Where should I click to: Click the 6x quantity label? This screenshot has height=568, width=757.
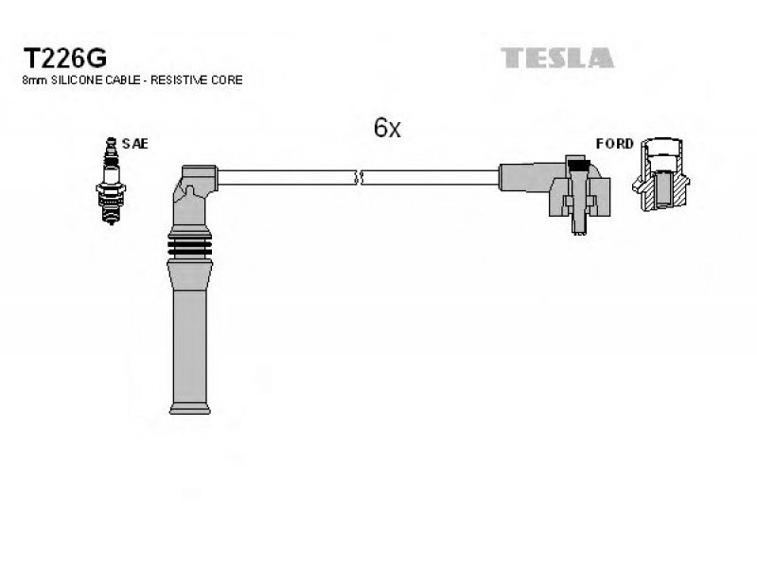click(387, 128)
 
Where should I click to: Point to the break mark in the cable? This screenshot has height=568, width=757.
click(358, 177)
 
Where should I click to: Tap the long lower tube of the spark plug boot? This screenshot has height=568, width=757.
click(191, 341)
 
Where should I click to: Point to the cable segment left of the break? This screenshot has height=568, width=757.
click(284, 177)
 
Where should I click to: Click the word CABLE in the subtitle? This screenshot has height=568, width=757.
click(119, 80)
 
